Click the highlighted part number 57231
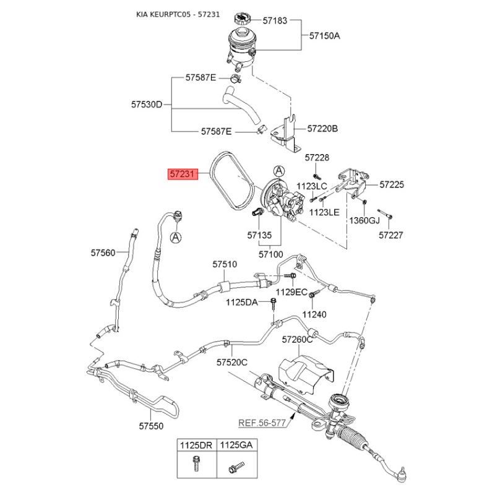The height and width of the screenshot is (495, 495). (x=183, y=174)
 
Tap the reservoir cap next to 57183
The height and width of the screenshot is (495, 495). (x=243, y=19)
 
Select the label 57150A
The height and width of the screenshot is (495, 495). (x=324, y=36)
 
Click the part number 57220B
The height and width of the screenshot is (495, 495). (x=322, y=129)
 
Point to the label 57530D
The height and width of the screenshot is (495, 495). (x=147, y=104)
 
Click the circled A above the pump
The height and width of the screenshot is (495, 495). (x=279, y=171)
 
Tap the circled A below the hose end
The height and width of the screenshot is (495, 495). (x=176, y=237)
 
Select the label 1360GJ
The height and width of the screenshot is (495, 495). (x=364, y=220)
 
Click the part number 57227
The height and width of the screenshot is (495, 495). (x=391, y=235)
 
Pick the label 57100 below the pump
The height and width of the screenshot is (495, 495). (x=271, y=254)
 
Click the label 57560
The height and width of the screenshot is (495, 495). (x=103, y=252)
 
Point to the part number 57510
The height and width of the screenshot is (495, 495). (x=225, y=264)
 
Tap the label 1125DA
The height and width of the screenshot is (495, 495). (x=242, y=303)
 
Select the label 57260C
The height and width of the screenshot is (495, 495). (x=298, y=339)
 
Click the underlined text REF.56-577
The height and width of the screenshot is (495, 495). (x=262, y=423)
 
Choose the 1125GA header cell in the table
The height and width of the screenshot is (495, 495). (x=236, y=445)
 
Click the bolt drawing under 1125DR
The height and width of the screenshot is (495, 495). (x=196, y=463)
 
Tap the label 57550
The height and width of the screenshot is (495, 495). (x=151, y=426)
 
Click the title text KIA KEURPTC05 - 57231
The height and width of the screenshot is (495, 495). (x=178, y=14)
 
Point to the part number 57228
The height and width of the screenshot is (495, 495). (x=317, y=157)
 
